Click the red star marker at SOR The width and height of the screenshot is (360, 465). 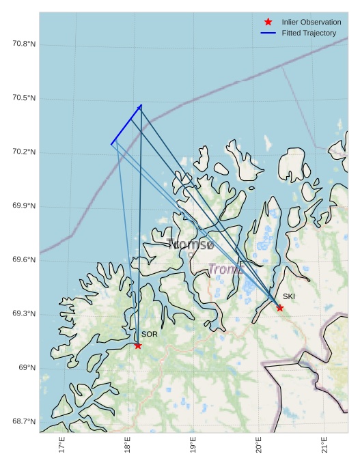[138, 346]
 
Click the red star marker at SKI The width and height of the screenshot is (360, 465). [280, 308]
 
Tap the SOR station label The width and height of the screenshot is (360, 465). [150, 335]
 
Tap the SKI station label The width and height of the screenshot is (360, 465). [289, 296]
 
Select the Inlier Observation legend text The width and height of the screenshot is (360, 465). [311, 22]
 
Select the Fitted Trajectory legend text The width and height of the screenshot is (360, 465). [309, 33]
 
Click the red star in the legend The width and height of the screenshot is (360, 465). [268, 22]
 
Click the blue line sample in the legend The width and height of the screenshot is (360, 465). [268, 33]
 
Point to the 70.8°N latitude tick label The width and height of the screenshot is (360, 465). [24, 44]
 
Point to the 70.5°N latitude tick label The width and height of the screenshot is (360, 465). [24, 98]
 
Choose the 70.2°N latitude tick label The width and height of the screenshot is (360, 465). [24, 152]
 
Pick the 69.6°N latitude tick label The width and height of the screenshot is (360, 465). [24, 260]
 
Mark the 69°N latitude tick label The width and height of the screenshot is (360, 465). [27, 368]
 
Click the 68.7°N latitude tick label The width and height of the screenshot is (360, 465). [24, 422]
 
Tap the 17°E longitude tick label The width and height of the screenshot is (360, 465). [62, 445]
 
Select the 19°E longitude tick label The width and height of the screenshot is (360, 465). [193, 445]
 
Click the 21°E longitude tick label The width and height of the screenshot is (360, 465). [324, 445]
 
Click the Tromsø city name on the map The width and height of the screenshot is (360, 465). [191, 244]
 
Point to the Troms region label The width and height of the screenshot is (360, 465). [225, 269]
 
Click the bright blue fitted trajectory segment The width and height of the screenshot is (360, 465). [126, 124]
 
